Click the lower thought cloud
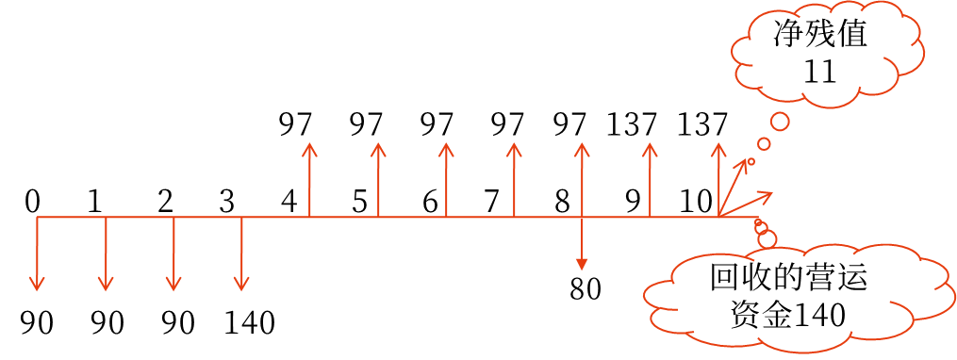(x=800, y=294)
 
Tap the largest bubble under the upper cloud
(x=780, y=122)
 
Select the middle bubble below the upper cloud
(x=764, y=144)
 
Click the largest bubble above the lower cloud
(x=767, y=239)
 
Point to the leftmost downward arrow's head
(x=38, y=286)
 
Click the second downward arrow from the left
(x=106, y=254)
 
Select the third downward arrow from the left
(x=173, y=254)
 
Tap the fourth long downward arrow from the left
(x=242, y=254)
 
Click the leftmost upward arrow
(x=310, y=179)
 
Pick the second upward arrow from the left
(x=378, y=179)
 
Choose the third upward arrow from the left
(x=446, y=179)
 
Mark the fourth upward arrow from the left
(x=514, y=179)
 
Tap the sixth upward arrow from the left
(x=650, y=179)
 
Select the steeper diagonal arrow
(x=734, y=188)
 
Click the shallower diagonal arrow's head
(x=767, y=195)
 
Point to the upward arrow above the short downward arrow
(x=582, y=179)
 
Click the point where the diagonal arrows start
(x=718, y=217)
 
